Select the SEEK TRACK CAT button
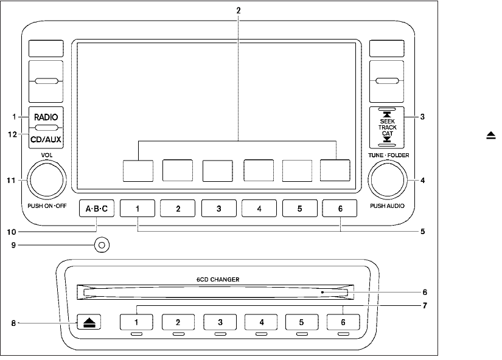(387, 127)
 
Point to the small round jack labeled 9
(102, 245)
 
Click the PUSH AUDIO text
(386, 206)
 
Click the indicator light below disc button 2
(178, 334)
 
